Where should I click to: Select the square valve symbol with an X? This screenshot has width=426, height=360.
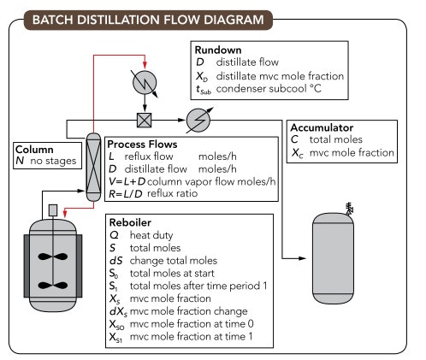pos(145,120)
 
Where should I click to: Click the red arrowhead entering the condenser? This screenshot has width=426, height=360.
pos(146,63)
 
